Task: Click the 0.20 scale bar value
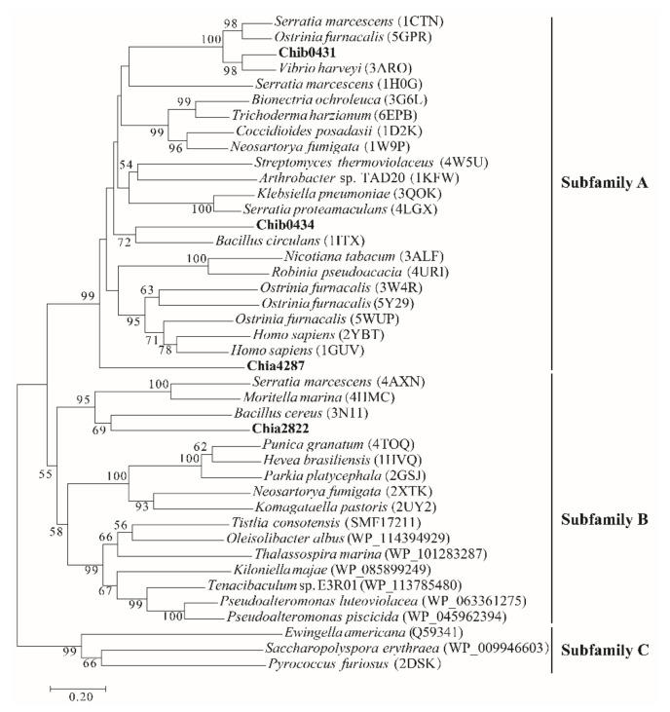point(78,697)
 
